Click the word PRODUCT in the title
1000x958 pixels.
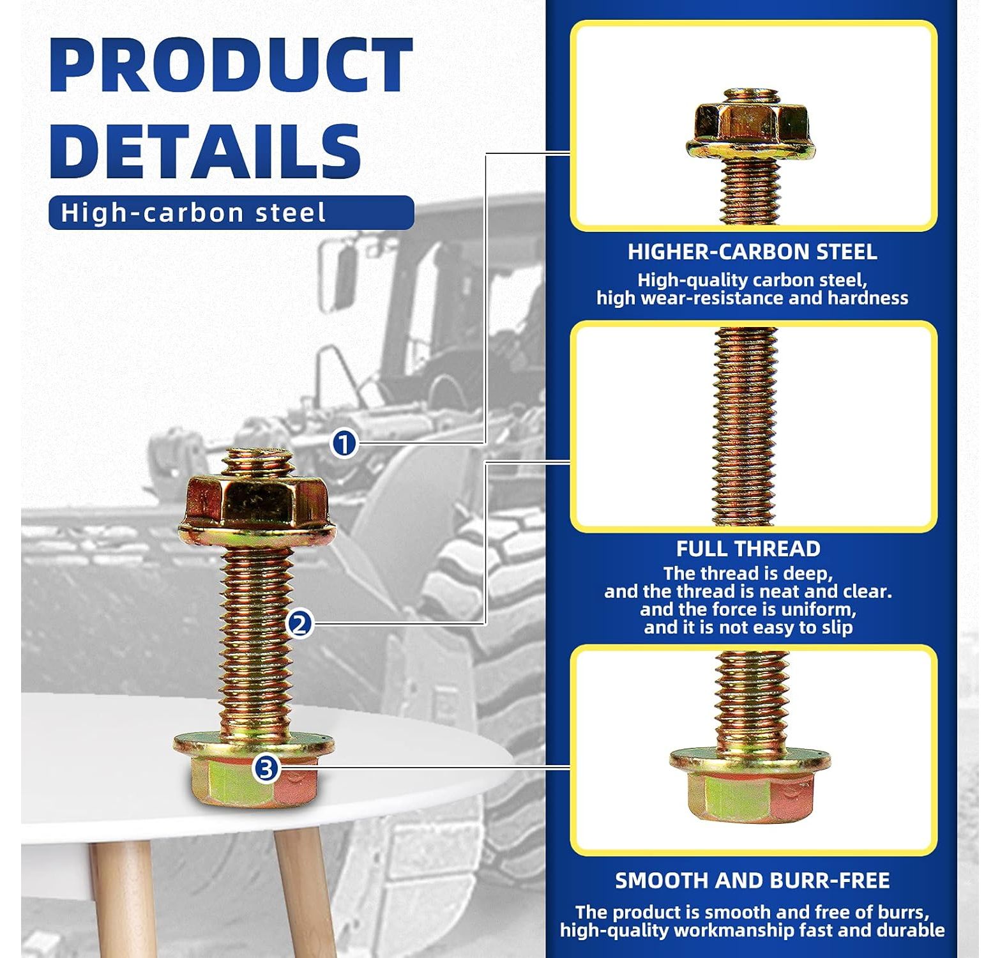(x=231, y=66)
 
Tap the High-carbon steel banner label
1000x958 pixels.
(x=193, y=213)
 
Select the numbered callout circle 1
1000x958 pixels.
(x=344, y=443)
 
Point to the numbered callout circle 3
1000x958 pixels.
(x=266, y=768)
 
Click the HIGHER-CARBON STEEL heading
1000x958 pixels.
(x=752, y=252)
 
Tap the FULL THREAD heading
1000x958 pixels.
(x=748, y=549)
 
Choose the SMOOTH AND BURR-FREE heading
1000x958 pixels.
(x=752, y=881)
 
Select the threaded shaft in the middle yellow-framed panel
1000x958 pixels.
(x=746, y=427)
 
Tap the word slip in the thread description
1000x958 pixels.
(x=837, y=628)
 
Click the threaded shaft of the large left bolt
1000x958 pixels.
(x=255, y=639)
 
